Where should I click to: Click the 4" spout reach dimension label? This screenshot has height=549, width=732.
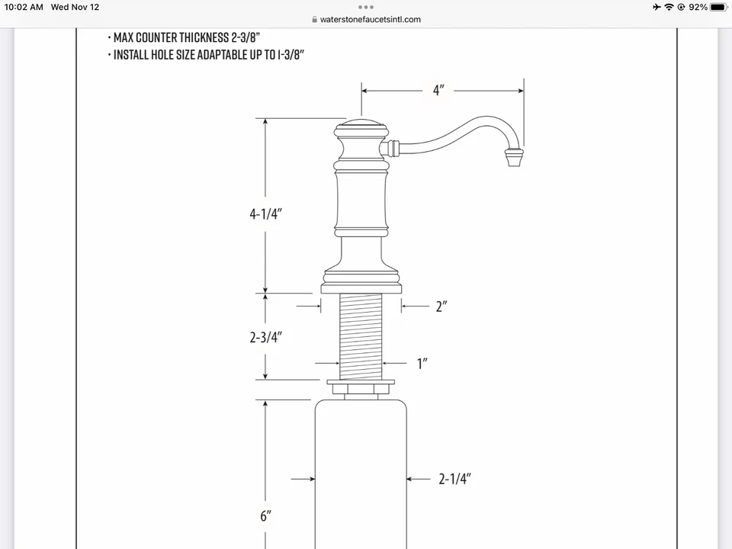(x=438, y=91)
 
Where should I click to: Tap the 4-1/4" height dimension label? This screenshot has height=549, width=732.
(x=265, y=214)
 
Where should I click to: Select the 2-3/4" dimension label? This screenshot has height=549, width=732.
(x=265, y=336)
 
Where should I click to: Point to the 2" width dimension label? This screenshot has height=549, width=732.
(x=441, y=307)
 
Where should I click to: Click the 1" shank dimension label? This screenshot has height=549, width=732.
(x=422, y=364)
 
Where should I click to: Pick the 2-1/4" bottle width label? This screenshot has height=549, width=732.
(x=454, y=479)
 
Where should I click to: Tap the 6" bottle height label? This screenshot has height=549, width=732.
(x=265, y=516)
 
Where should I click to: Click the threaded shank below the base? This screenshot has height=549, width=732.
(x=361, y=335)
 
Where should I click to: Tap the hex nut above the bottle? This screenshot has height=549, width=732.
(x=361, y=390)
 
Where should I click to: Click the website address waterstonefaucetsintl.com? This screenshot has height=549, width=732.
(x=371, y=20)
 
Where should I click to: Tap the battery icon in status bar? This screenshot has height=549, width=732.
(x=718, y=7)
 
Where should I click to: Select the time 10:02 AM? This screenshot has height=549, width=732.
(x=24, y=7)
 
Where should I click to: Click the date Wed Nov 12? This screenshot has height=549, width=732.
(x=75, y=7)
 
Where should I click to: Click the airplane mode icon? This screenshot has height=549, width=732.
(x=657, y=7)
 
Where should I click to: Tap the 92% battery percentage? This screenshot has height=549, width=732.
(x=698, y=7)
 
